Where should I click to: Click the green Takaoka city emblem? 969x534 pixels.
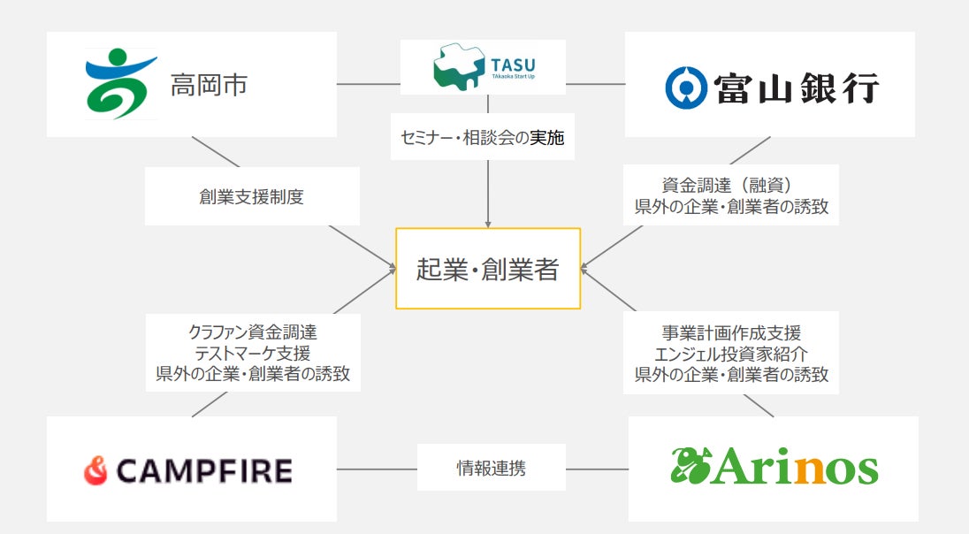click(121, 84)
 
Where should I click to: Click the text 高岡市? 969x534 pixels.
click(209, 86)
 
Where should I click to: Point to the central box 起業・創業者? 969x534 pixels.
click(487, 269)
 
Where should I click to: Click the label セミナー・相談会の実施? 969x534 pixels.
click(482, 138)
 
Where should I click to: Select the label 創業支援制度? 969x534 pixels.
click(252, 197)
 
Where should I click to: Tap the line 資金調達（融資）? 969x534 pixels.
click(732, 185)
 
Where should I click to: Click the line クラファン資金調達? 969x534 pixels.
click(253, 333)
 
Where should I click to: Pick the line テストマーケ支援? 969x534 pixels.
click(253, 354)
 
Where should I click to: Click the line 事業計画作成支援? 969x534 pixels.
click(732, 333)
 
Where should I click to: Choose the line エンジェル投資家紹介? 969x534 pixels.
click(732, 354)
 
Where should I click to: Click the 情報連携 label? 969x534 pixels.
click(492, 468)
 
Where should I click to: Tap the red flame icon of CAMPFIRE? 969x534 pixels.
click(95, 470)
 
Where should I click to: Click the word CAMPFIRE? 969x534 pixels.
click(204, 470)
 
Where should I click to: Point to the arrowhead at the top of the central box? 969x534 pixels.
click(487, 223)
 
